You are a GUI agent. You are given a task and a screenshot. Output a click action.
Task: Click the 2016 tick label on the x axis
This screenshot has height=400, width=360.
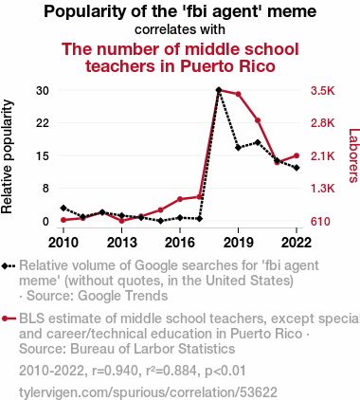click(x=180, y=243)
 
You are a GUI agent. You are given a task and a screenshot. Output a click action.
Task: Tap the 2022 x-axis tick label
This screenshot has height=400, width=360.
click(x=297, y=243)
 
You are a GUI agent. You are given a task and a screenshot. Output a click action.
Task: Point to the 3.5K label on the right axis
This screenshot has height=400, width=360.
click(x=322, y=91)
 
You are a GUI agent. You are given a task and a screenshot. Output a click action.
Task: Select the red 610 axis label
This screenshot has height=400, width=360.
click(x=320, y=222)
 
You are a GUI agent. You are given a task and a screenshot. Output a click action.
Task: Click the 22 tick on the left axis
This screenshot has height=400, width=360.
click(x=43, y=123)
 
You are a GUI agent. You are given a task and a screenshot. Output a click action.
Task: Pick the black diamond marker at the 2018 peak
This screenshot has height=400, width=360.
click(x=219, y=90)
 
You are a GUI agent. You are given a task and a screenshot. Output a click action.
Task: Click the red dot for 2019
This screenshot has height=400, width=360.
click(x=238, y=94)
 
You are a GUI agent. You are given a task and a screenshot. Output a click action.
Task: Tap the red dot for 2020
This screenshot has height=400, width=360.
click(x=258, y=120)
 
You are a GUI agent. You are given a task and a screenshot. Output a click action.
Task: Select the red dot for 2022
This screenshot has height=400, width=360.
click(x=297, y=155)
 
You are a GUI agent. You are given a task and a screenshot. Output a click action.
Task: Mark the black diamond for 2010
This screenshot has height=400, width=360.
click(x=63, y=208)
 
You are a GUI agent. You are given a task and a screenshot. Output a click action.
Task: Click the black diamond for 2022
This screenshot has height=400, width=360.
click(x=297, y=168)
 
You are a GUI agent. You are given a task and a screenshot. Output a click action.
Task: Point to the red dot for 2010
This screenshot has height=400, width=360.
click(x=63, y=220)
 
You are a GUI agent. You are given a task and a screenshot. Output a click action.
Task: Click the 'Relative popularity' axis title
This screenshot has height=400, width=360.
click(x=7, y=156)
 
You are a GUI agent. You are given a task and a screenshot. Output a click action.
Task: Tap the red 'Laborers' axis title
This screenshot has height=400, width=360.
click(x=353, y=155)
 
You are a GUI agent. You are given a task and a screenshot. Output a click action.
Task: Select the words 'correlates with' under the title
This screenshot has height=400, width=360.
click(x=180, y=29)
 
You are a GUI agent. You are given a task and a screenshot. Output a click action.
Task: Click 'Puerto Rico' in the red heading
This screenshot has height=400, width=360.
click(x=227, y=66)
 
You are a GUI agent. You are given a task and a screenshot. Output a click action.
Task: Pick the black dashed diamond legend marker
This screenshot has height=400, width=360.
click(x=9, y=265)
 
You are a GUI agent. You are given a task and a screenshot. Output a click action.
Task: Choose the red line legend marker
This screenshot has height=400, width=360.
click(x=9, y=318)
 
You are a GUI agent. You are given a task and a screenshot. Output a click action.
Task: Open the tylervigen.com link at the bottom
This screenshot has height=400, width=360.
click(x=148, y=392)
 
